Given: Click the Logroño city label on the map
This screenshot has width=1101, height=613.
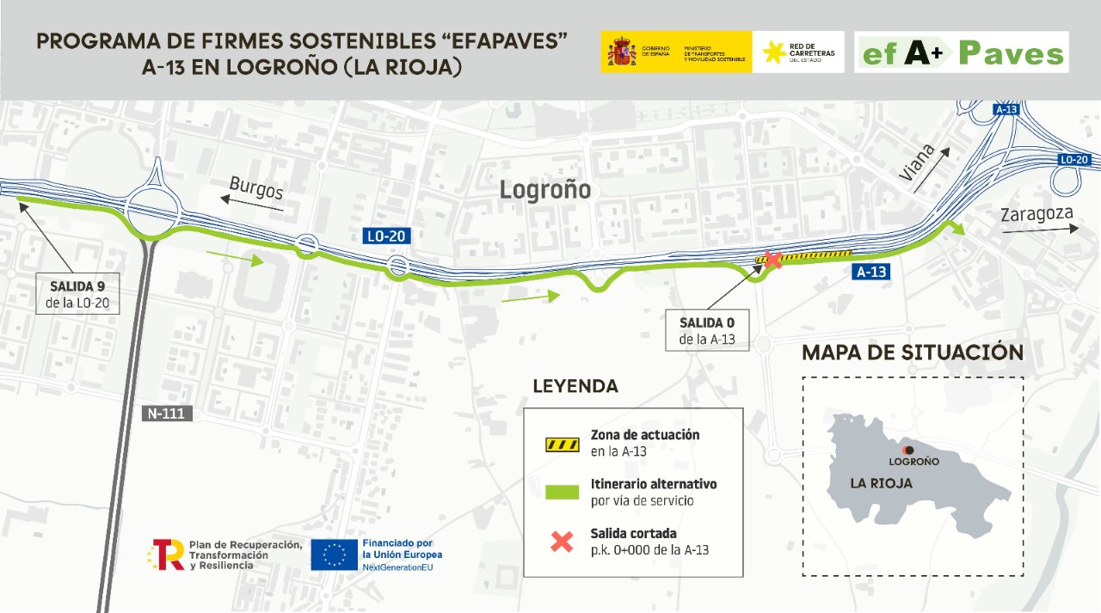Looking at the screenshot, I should tap(545, 190).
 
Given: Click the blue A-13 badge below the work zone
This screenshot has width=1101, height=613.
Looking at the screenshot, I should tap(870, 272).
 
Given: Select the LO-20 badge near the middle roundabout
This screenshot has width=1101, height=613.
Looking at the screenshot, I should tap(385, 236).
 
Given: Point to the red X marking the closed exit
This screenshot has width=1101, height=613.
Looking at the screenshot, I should tap(772, 260).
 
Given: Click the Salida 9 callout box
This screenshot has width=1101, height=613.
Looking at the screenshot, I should tap(78, 294).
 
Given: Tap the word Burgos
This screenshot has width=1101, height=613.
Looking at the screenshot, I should tap(256, 187).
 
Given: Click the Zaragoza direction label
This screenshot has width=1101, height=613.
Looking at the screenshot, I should tap(1036, 215).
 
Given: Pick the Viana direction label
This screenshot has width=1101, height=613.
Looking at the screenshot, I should tap(917, 162).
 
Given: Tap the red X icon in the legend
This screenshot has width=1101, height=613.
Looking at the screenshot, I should tap(562, 542).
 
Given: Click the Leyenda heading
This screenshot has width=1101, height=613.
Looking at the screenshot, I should tap(575, 386).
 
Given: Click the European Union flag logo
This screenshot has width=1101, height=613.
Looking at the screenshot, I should tap(334, 555).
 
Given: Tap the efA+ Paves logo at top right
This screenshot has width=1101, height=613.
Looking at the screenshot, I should tap(962, 52).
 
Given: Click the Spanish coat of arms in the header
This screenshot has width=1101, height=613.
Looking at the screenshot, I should tap(621, 52).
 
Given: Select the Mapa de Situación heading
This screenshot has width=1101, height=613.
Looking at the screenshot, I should tap(913, 352).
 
